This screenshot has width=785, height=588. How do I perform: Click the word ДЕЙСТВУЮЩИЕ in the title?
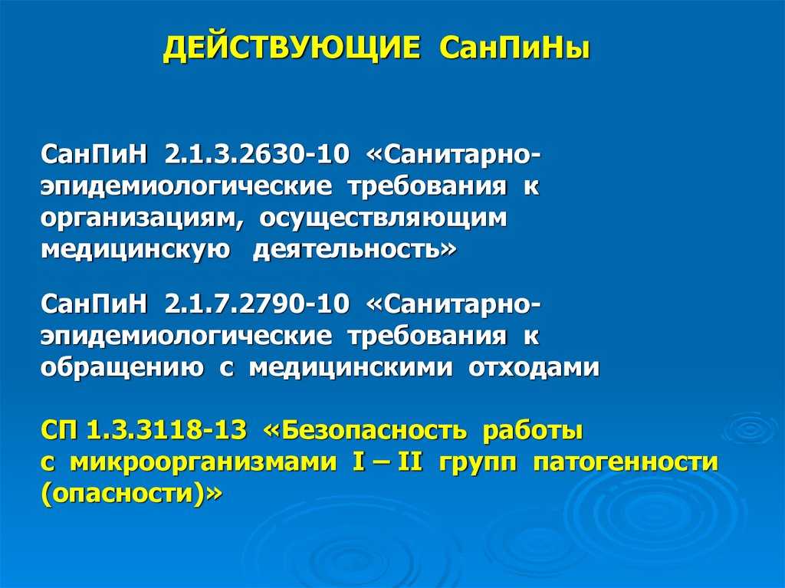pyautogui.click(x=291, y=49)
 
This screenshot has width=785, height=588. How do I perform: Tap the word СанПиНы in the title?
pyautogui.click(x=515, y=48)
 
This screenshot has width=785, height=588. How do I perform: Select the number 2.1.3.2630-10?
pyautogui.click(x=256, y=154)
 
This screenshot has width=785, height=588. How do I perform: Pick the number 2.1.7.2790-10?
pyautogui.click(x=256, y=304)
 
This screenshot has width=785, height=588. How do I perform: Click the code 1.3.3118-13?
pyautogui.click(x=166, y=430)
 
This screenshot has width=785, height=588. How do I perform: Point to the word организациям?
pyautogui.click(x=142, y=219)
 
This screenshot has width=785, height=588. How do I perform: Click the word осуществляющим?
pyautogui.click(x=383, y=219)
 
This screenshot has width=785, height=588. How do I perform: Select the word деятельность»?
pyautogui.click(x=354, y=250)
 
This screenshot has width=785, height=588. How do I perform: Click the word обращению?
pyautogui.click(x=122, y=368)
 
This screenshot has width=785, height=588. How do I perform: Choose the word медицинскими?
pyautogui.click(x=351, y=368)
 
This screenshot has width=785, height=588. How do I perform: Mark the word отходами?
pyautogui.click(x=534, y=368)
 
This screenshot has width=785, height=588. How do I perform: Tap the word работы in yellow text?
pyautogui.click(x=534, y=432)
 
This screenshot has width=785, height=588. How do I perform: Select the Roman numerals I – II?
pyautogui.click(x=387, y=462)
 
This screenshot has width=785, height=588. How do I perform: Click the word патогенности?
pyautogui.click(x=626, y=462)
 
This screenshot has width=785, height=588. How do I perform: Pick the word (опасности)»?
pyautogui.click(x=131, y=494)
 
